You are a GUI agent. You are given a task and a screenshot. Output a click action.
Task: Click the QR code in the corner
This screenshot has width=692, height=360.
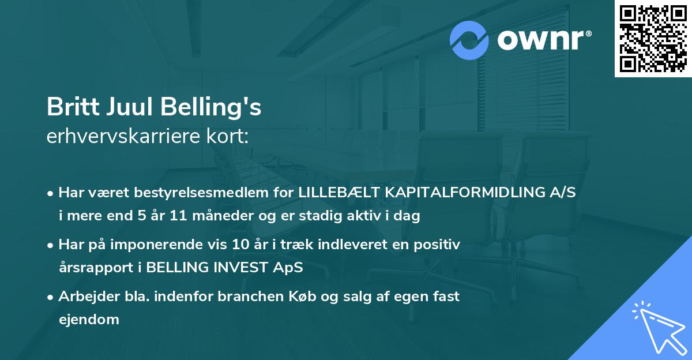pos(653,39)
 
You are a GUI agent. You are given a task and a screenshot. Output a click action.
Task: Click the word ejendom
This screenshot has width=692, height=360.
pos(89,319)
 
